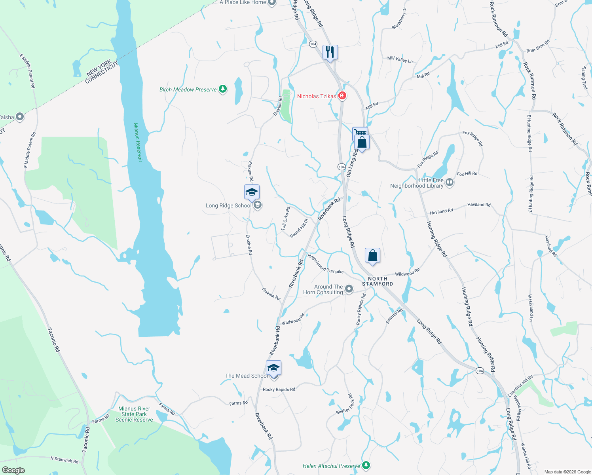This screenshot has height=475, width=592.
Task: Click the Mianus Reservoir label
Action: (x=137, y=142)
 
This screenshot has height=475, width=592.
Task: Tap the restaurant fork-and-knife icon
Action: (x=330, y=52)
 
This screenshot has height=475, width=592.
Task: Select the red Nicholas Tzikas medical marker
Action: (x=342, y=96)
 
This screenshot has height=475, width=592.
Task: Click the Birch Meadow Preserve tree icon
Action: (x=223, y=89)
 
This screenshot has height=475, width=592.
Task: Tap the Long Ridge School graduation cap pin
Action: (x=252, y=192)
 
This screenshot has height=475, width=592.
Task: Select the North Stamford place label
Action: (x=378, y=281)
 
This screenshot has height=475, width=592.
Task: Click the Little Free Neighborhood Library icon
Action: (x=450, y=182)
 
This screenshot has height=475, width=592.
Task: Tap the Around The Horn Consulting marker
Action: (x=349, y=289)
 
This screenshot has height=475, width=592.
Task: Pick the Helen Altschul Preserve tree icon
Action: (x=366, y=465)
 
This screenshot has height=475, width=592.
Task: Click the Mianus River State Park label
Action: (x=134, y=414)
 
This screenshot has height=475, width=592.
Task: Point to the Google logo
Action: (x=13, y=470)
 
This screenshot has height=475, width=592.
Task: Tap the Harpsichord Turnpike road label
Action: (x=325, y=264)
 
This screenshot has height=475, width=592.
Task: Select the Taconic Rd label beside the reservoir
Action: (x=53, y=340)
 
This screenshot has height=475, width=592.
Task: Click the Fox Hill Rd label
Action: (x=467, y=174)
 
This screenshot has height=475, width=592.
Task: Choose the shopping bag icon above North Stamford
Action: (x=372, y=256)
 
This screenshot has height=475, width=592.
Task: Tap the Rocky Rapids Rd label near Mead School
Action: (x=279, y=389)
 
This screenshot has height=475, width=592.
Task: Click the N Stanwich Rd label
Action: (x=64, y=460)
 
